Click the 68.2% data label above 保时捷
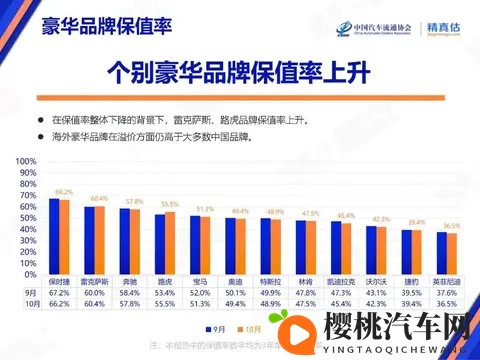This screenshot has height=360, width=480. [x=64, y=191]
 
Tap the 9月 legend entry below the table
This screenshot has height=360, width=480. [x=217, y=327]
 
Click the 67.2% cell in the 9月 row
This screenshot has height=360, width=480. [x=59, y=291]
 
